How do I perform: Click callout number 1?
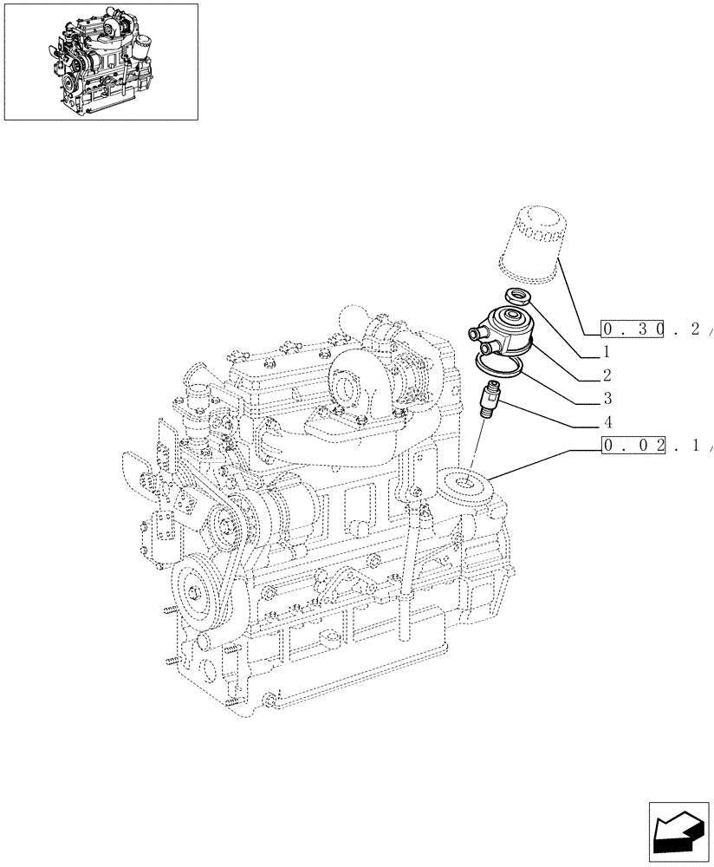606,353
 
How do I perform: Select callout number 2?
606,375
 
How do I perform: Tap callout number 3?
607,398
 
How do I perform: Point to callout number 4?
607,424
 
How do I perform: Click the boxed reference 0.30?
633,329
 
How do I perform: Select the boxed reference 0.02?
633,447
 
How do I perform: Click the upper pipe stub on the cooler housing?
473,333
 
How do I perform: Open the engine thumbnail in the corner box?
101,61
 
